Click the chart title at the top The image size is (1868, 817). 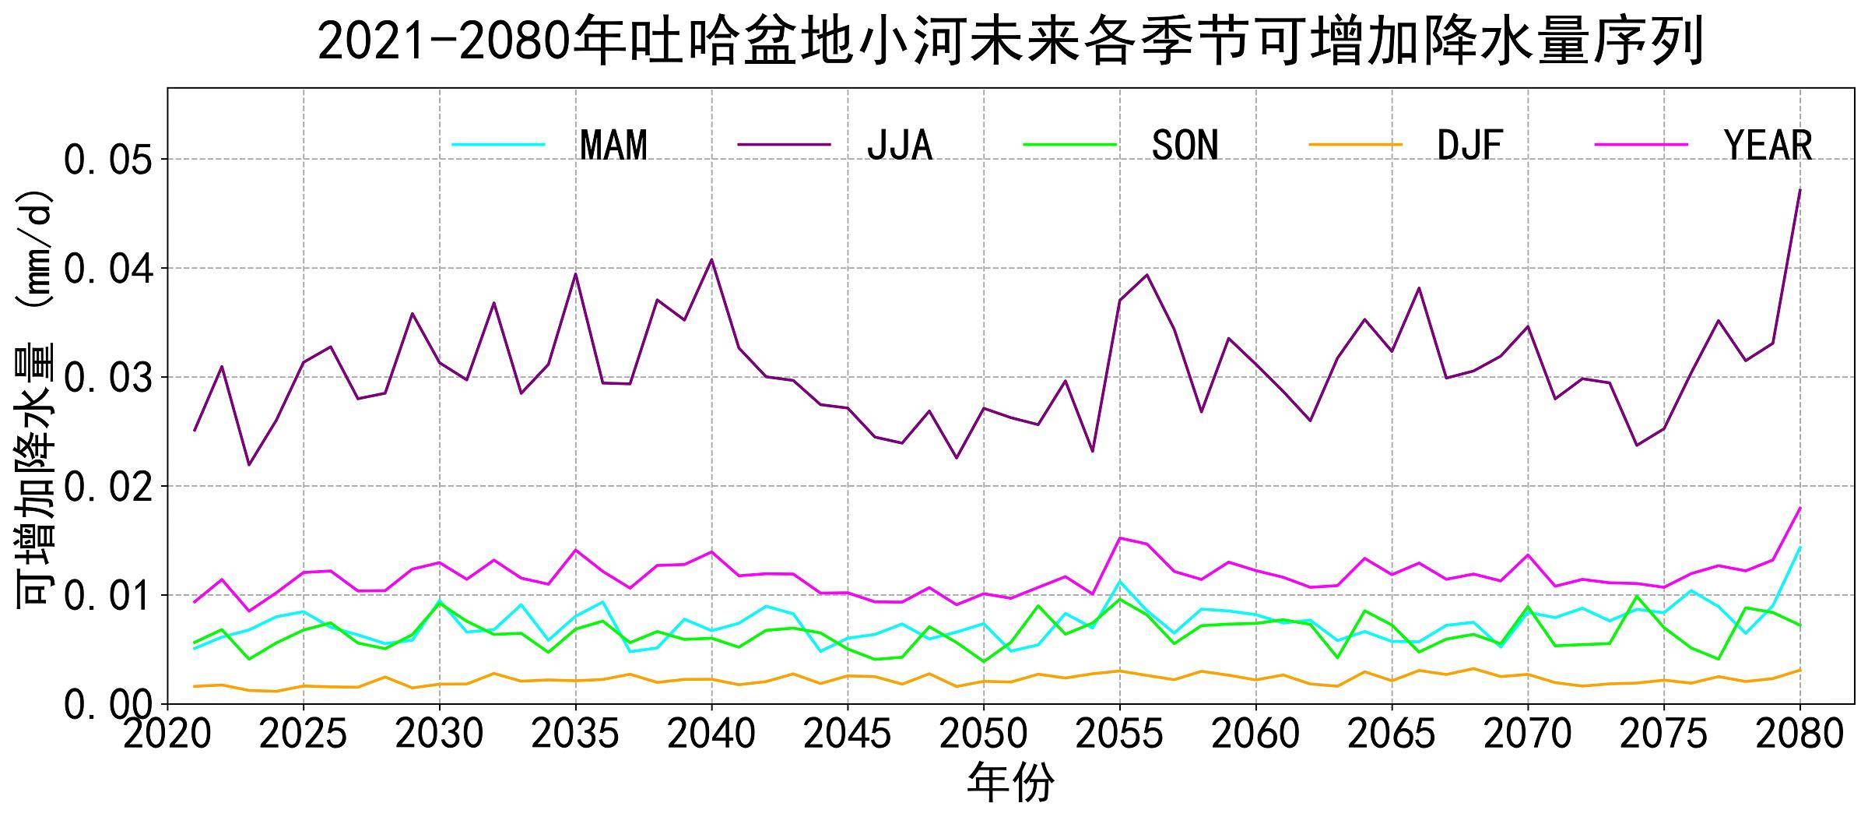(1010, 40)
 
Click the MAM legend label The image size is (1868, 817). (613, 146)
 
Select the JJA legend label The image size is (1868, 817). (899, 146)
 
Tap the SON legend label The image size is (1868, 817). (1185, 146)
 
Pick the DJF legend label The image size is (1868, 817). (1470, 146)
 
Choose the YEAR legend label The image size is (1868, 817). (1768, 146)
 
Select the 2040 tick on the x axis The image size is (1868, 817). (711, 734)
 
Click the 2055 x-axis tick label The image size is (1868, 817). (1119, 734)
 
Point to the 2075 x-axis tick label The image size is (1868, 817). (1663, 734)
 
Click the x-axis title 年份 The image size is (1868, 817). (1010, 783)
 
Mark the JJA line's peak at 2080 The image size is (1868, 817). (1800, 190)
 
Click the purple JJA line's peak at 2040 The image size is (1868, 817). (711, 260)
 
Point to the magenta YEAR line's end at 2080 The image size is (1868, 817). (1800, 508)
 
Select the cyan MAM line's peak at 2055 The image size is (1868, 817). (1119, 581)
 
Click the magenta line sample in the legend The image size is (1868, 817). (1641, 145)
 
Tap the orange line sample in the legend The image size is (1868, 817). (1355, 145)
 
